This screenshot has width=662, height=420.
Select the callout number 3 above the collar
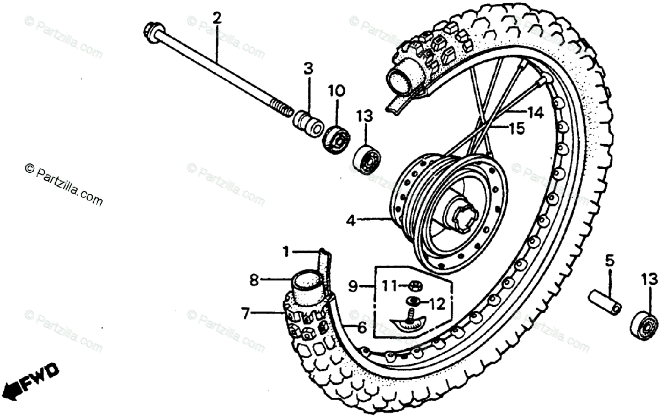pyautogui.click(x=308, y=69)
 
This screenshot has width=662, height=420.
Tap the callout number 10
pyautogui.click(x=337, y=90)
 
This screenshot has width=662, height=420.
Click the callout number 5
pyautogui.click(x=609, y=260)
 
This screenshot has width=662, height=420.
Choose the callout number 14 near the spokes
pyautogui.click(x=535, y=113)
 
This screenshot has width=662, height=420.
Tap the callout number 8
pyautogui.click(x=254, y=280)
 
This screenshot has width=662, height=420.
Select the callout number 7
pyautogui.click(x=245, y=313)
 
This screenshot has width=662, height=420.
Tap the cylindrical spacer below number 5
pyautogui.click(x=604, y=301)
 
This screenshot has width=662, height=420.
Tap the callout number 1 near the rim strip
pyautogui.click(x=286, y=252)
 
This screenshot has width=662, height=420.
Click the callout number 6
pyautogui.click(x=362, y=327)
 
